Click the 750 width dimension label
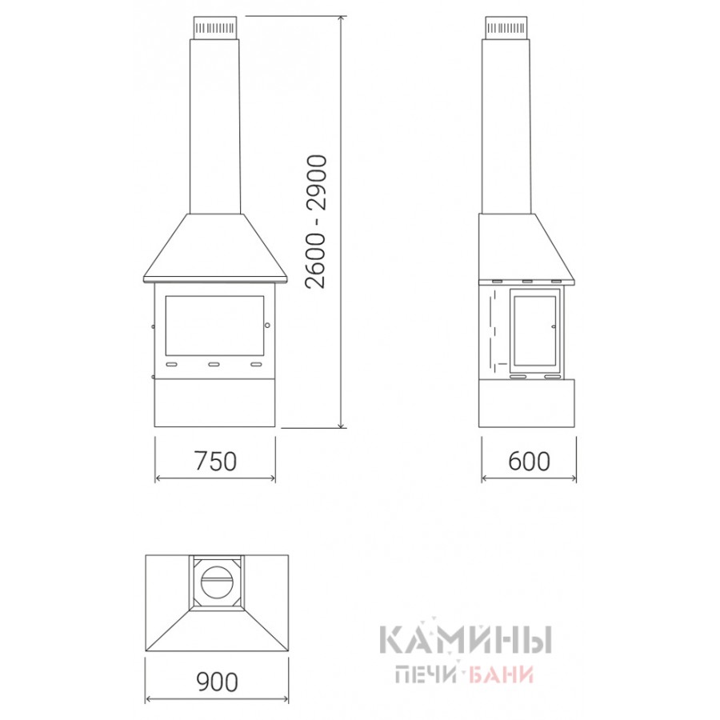tap(215, 461)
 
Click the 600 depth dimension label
tap(529, 461)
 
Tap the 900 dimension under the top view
tap(217, 682)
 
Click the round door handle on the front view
tap(267, 325)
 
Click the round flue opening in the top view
tap(216, 580)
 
